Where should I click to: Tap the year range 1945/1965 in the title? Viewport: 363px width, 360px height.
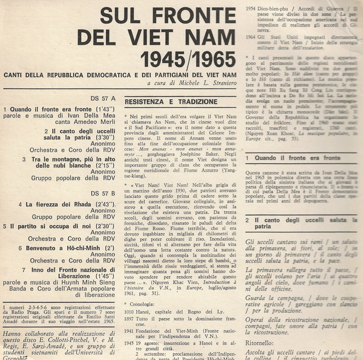[x=188, y=58]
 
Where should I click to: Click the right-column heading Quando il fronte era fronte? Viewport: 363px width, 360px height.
[x=289, y=158]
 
